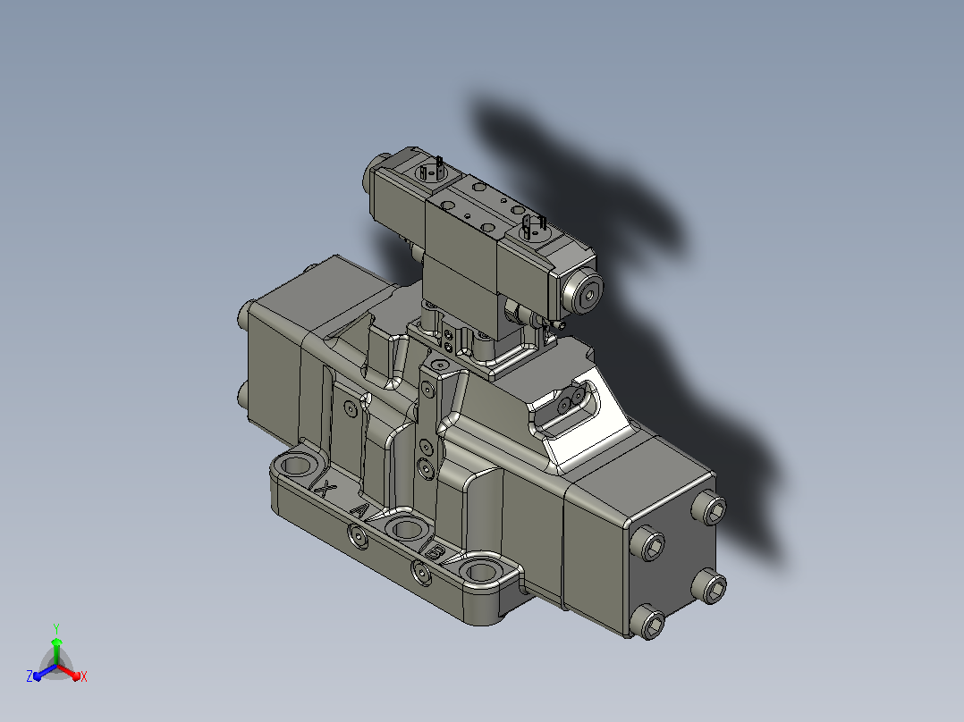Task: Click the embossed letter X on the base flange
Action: tap(325, 489)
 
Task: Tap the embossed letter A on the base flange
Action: tap(360, 510)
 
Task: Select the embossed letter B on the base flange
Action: tap(434, 552)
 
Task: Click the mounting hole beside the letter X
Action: tap(297, 466)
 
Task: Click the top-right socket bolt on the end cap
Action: tap(709, 508)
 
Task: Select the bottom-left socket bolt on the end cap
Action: tap(648, 622)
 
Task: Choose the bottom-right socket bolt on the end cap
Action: tap(708, 585)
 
